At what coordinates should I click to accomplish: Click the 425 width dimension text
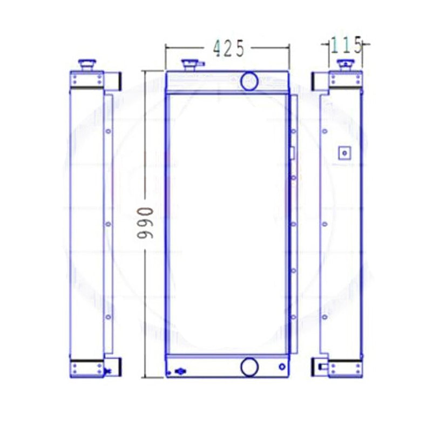229,48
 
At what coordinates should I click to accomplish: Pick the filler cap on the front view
190,65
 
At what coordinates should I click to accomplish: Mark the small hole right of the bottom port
281,367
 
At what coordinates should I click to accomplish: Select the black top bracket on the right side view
316,81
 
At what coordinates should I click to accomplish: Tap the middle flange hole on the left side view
108,224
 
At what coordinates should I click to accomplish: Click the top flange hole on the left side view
108,131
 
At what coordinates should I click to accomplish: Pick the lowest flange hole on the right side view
324,317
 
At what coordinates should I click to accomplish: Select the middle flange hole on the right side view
324,224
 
